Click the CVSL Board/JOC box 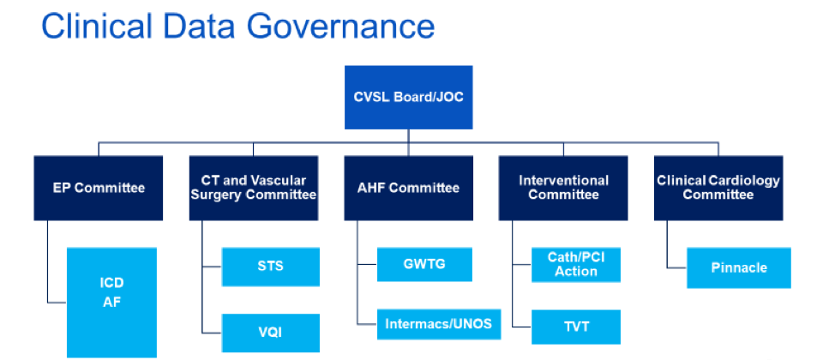click(408, 98)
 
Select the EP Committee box click(99, 188)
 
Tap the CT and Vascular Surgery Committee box click(254, 188)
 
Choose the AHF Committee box click(408, 188)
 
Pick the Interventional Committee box click(563, 188)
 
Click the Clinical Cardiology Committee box click(718, 188)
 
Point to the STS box click(271, 267)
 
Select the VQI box click(271, 333)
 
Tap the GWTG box click(424, 264)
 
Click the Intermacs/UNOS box click(439, 324)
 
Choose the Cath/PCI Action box click(575, 265)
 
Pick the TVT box click(575, 327)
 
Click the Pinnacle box click(739, 268)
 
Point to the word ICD click(111, 283)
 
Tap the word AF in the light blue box click(111, 302)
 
